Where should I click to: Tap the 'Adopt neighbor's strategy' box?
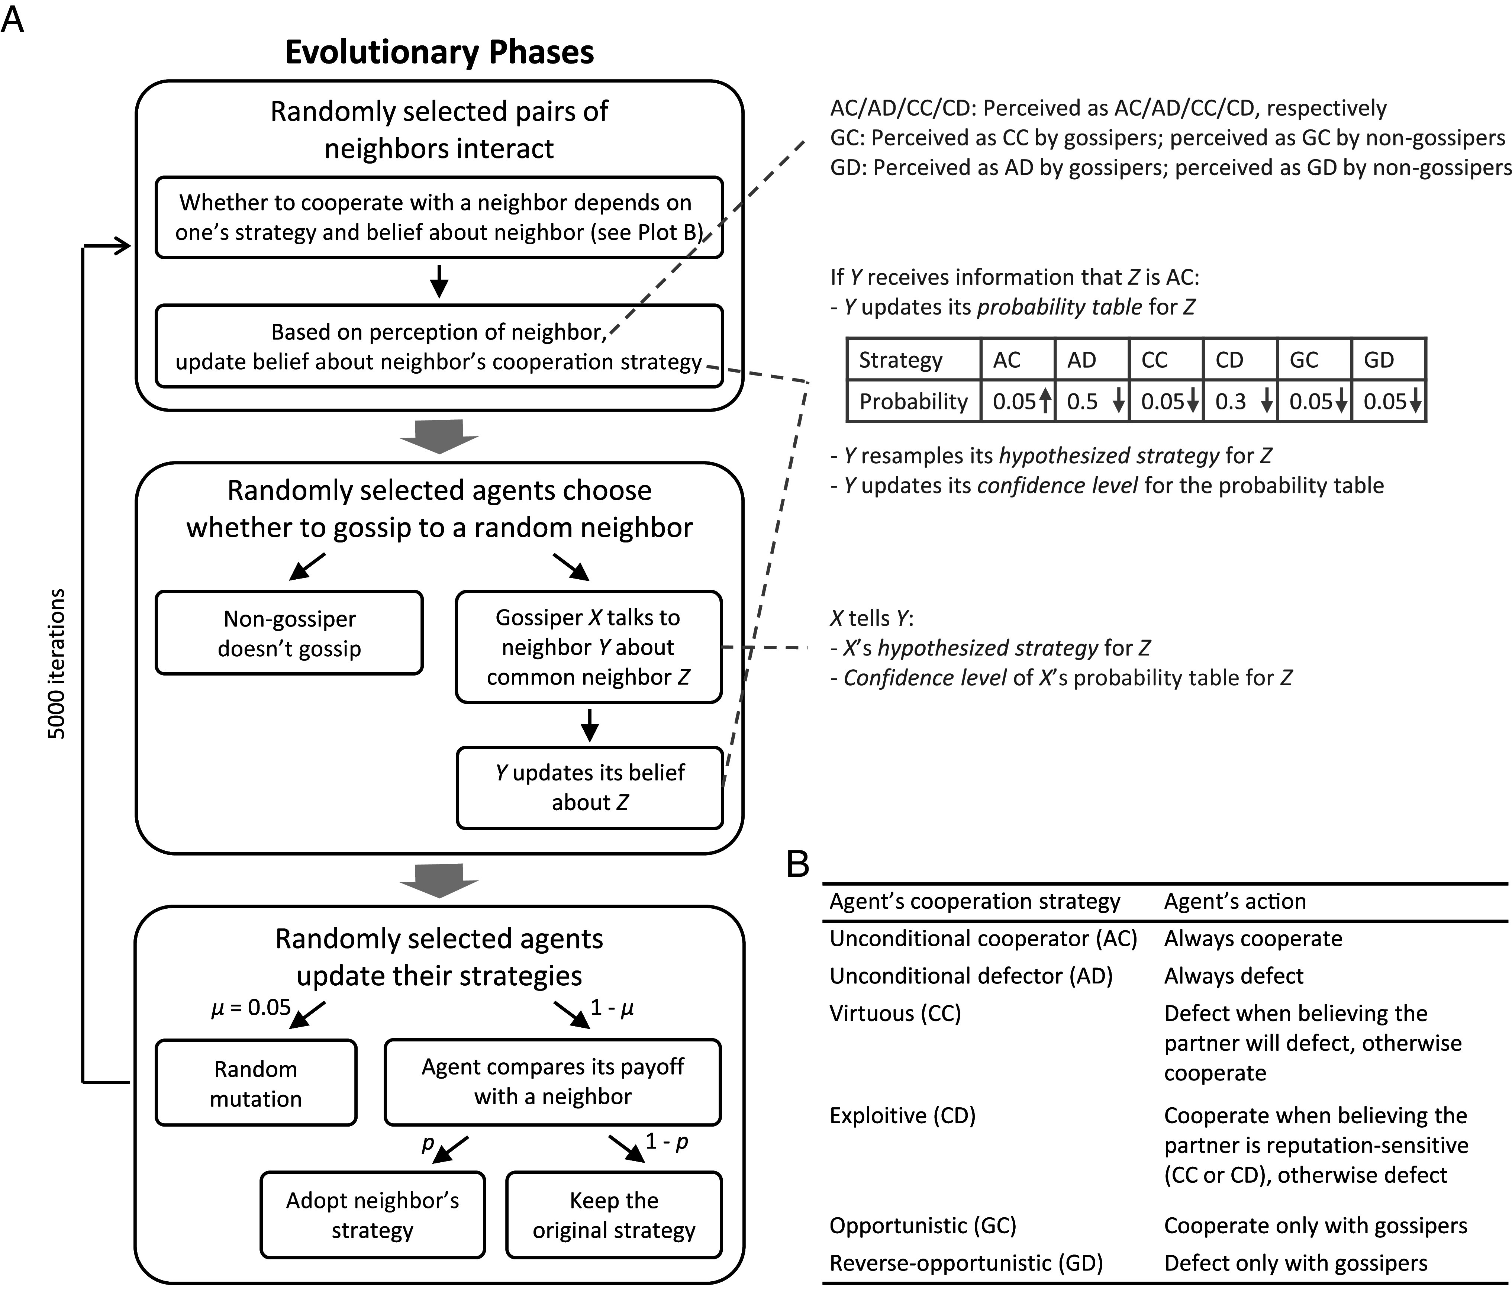coord(373,1215)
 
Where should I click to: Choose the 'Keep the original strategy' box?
coord(614,1215)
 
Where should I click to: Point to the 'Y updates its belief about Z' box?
coord(590,788)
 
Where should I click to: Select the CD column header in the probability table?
coord(1230,359)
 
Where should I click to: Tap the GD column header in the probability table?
coord(1379,359)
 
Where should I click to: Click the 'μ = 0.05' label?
coord(251,1008)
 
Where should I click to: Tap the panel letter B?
coord(798,864)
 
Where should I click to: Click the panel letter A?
coord(13,20)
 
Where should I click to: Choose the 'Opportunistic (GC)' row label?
coord(922,1225)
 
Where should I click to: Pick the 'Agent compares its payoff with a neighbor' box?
coord(553,1082)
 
